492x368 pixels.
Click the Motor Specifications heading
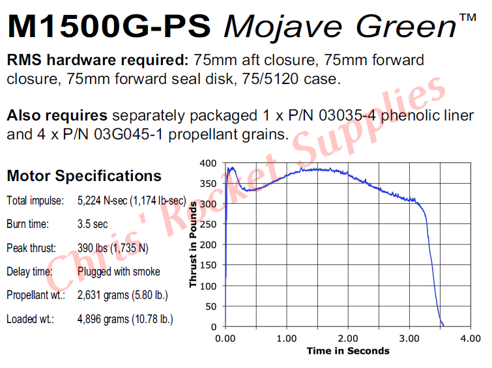(84, 176)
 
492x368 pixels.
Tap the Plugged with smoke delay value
(118, 272)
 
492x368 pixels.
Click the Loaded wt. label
(30, 319)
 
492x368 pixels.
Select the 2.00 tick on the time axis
(348, 338)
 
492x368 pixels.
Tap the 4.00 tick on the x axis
(470, 338)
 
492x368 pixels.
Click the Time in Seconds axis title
(348, 350)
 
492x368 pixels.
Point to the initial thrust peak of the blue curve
(230, 167)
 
